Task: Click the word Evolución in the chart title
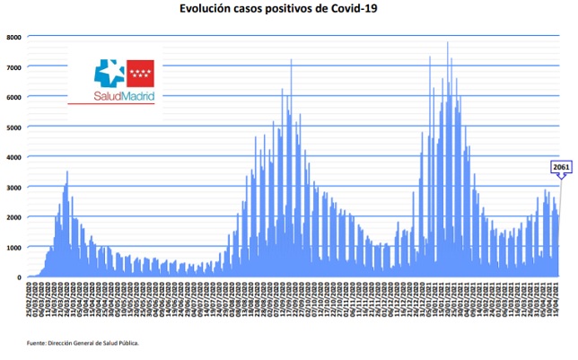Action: tap(206, 9)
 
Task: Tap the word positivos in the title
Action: tap(301, 9)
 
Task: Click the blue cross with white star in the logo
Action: tap(111, 73)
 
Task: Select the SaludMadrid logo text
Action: tap(124, 94)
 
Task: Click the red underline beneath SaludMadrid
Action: tap(111, 104)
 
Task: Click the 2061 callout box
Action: tap(560, 167)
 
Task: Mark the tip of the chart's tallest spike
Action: tap(448, 42)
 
